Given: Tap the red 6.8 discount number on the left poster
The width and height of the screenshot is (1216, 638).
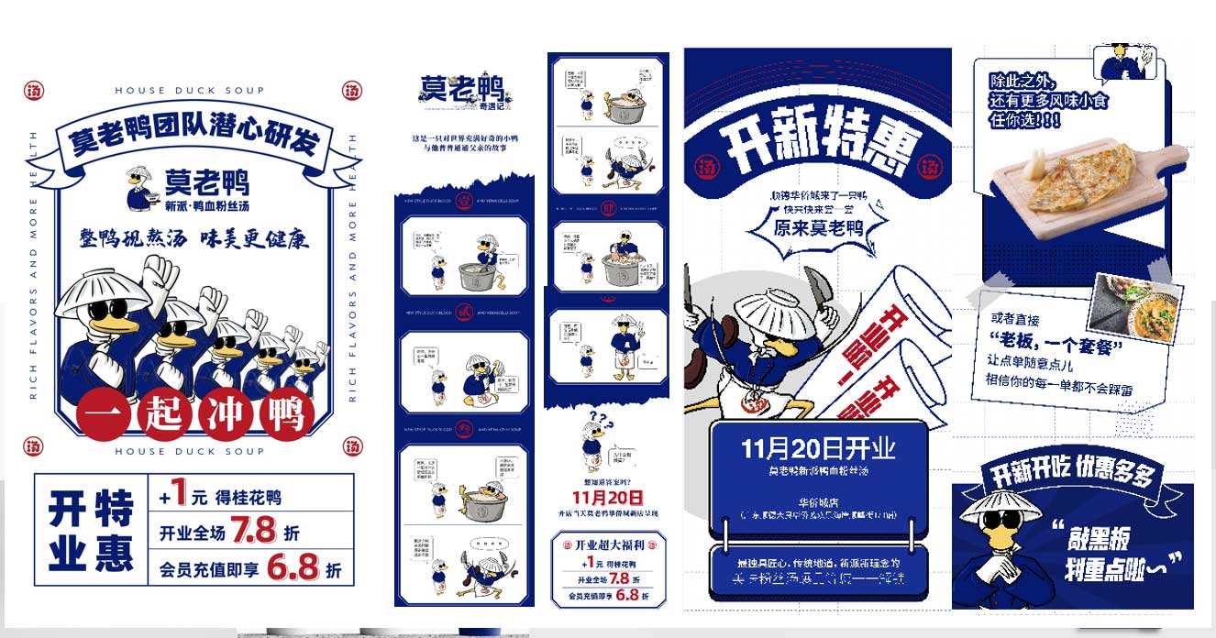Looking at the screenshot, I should tap(293, 568).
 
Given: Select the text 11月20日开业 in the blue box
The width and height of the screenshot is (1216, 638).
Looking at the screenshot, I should tap(818, 448).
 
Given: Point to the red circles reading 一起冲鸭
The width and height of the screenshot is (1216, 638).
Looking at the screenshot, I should tap(195, 415).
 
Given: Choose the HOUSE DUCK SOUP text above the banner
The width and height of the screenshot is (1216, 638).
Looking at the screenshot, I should tap(189, 90).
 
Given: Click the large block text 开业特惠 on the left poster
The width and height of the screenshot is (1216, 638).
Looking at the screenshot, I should tap(90, 530).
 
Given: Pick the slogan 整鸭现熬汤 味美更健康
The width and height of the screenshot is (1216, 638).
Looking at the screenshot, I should tap(193, 238).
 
